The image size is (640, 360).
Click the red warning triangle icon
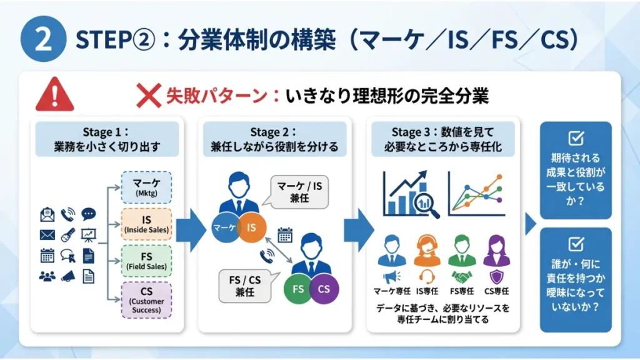pyautogui.click(x=55, y=95)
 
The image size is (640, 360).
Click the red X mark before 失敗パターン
pyautogui.click(x=149, y=96)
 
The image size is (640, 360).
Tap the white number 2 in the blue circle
pyautogui.click(x=43, y=39)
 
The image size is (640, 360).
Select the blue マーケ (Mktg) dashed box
pyautogui.click(x=146, y=187)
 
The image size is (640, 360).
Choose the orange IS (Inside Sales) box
pyautogui.click(x=146, y=224)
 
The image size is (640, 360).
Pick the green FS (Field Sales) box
pyautogui.click(x=146, y=261)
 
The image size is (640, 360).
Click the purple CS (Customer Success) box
pyautogui.click(x=146, y=301)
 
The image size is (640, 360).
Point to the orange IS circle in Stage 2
pyautogui.click(x=251, y=227)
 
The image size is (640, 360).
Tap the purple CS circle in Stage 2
pyautogui.click(x=324, y=289)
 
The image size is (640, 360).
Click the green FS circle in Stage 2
pyautogui.click(x=298, y=289)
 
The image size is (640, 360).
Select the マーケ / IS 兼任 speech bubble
pyautogui.click(x=297, y=192)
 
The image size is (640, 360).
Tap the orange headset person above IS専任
pyautogui.click(x=426, y=251)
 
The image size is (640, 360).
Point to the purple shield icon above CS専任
pyautogui.click(x=497, y=277)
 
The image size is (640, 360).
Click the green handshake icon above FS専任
pyautogui.click(x=462, y=277)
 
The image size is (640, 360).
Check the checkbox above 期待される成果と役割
pyautogui.click(x=576, y=138)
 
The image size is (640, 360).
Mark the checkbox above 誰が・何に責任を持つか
pyautogui.click(x=576, y=244)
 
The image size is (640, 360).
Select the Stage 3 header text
pyautogui.click(x=443, y=139)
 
